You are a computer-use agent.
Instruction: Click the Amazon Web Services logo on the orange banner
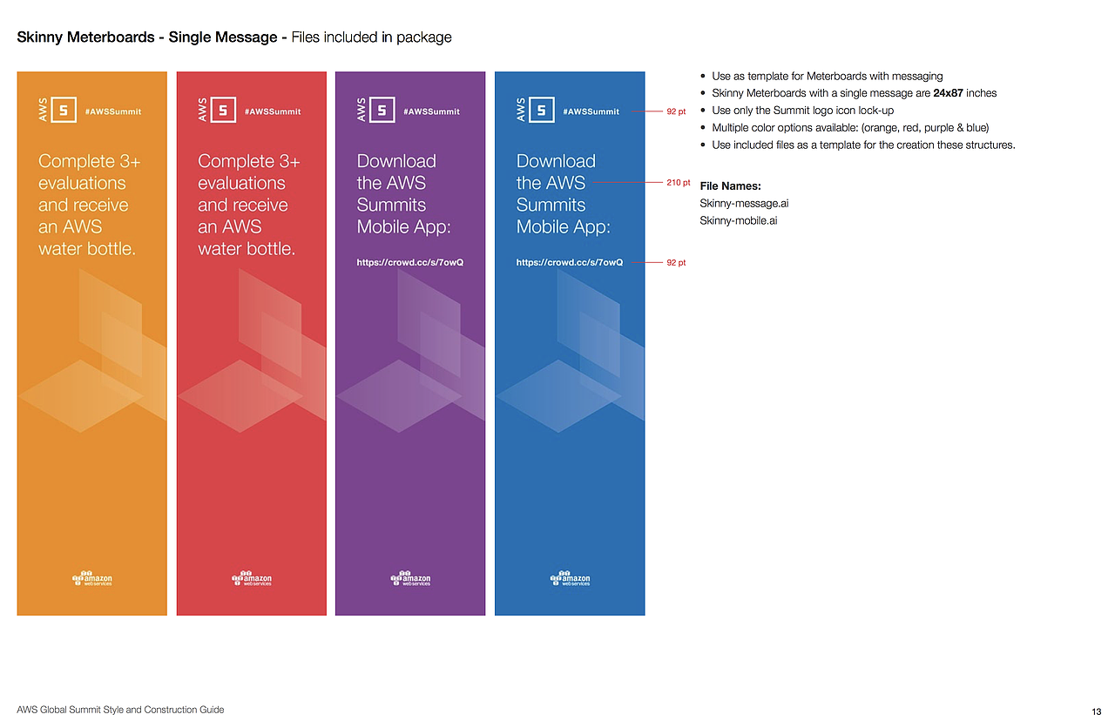[92, 578]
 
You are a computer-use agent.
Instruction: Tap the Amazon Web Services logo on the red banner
[252, 578]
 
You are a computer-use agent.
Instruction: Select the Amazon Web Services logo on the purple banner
[410, 578]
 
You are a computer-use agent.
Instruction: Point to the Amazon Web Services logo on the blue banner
[570, 578]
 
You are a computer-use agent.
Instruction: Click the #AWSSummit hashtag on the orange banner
[113, 111]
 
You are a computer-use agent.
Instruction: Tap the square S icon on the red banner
[223, 110]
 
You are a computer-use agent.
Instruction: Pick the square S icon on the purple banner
[382, 110]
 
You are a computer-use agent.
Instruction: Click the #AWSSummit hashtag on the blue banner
[591, 111]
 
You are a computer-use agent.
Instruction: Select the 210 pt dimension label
[678, 183]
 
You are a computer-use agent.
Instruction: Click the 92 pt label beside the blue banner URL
[676, 262]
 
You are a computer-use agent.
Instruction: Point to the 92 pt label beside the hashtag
[676, 111]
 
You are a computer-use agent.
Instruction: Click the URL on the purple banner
[409, 262]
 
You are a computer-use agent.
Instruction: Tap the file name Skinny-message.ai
[744, 203]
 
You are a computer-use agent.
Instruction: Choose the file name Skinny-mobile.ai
[738, 220]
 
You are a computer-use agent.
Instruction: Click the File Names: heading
[730, 186]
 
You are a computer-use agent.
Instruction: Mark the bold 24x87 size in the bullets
[948, 93]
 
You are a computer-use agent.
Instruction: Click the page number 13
[1096, 711]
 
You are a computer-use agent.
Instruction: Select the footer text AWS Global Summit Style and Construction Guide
[120, 710]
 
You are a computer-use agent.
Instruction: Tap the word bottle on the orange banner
[112, 248]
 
